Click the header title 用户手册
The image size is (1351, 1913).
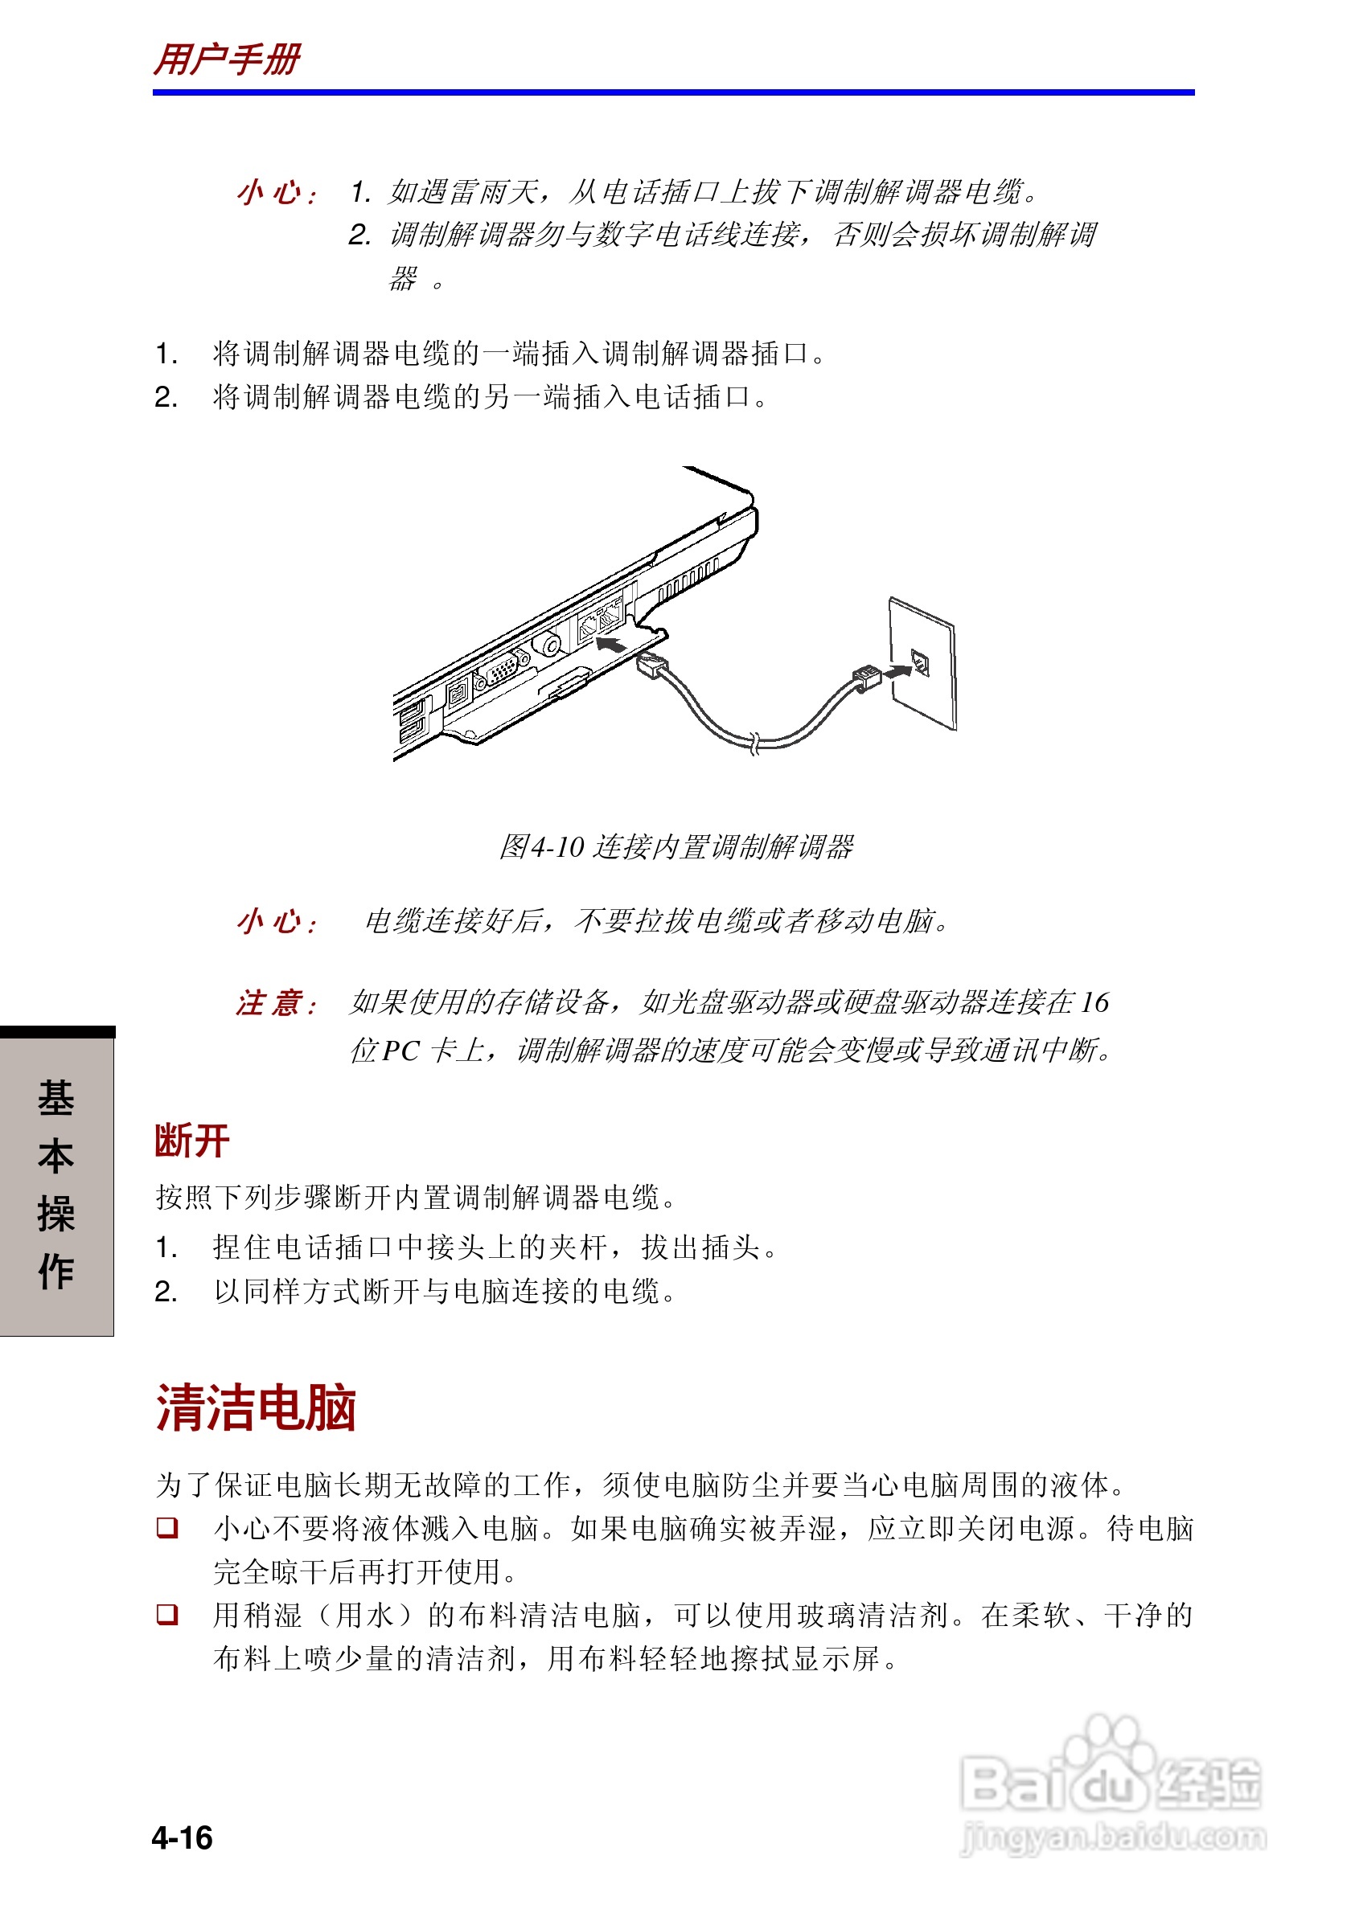[227, 60]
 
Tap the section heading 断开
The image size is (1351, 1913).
[191, 1141]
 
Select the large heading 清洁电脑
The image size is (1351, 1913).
[257, 1409]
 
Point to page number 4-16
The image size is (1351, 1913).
[182, 1838]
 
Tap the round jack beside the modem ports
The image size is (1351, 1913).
[549, 645]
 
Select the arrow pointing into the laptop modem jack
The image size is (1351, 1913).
[611, 645]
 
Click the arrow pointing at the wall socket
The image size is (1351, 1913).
[898, 670]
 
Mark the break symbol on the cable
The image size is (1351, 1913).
[754, 743]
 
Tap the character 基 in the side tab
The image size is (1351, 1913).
[55, 1098]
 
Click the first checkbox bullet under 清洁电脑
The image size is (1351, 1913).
[167, 1527]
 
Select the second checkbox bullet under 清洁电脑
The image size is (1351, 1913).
[167, 1614]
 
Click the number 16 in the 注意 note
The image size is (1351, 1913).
[1094, 1002]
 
